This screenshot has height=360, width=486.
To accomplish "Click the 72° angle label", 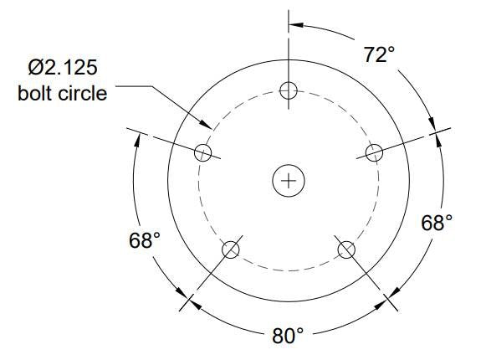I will point(379,55).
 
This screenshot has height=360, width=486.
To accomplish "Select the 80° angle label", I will point(288,336).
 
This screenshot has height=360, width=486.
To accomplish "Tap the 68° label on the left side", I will point(144,240).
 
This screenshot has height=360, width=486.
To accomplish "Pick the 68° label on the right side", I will point(436,223).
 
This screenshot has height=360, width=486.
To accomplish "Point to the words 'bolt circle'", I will point(63,92).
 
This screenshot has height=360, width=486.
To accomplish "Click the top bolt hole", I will point(289,90).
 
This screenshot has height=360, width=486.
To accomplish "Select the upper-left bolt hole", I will point(202,152).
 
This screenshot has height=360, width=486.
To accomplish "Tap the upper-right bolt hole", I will point(374,152).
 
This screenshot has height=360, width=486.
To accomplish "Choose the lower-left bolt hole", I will point(231,249).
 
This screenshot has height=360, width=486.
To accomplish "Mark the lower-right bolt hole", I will point(345,249).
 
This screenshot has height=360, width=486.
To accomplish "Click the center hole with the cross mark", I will point(289,180).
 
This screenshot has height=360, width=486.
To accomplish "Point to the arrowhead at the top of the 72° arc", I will point(294,23).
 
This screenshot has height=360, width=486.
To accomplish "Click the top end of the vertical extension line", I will point(289,11).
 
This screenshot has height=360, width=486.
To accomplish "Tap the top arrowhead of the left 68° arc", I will point(137,138).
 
